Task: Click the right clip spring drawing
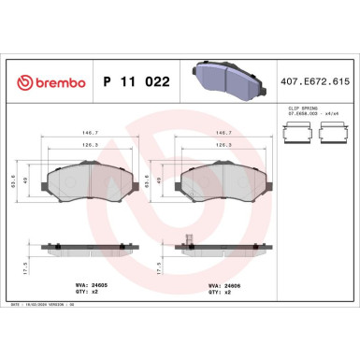[x=332, y=137]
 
